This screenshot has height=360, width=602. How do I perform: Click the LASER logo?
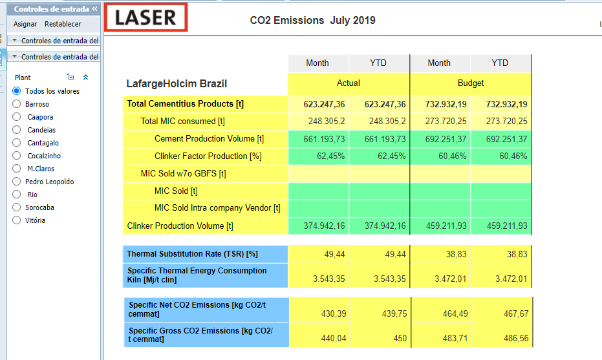[146, 17]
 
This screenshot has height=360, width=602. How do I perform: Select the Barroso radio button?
[17, 104]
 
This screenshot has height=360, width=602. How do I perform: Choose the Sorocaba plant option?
[17, 207]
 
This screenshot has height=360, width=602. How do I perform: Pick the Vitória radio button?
[17, 220]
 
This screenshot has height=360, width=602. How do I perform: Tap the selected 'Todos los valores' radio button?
[17, 91]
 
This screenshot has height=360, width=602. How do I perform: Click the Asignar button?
[25, 24]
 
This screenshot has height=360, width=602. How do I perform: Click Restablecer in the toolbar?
[63, 24]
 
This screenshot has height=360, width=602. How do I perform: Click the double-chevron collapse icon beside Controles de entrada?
[94, 8]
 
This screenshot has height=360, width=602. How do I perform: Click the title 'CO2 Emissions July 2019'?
[312, 20]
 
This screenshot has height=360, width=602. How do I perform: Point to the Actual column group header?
[349, 83]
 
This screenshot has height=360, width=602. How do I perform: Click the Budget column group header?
[471, 83]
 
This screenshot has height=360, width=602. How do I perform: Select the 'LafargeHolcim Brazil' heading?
[177, 83]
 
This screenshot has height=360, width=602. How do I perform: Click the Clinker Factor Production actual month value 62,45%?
[330, 156]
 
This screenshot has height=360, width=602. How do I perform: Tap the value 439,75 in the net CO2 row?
[394, 313]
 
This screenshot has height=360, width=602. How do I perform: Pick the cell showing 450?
[400, 338]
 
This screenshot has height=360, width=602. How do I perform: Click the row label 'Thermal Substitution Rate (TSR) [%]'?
[192, 254]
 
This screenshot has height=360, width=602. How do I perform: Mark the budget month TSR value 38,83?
[456, 254]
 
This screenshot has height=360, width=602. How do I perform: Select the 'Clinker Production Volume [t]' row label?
[180, 226]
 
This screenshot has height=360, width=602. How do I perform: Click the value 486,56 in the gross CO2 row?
[516, 338]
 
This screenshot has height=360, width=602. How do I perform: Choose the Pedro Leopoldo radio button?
[17, 182]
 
